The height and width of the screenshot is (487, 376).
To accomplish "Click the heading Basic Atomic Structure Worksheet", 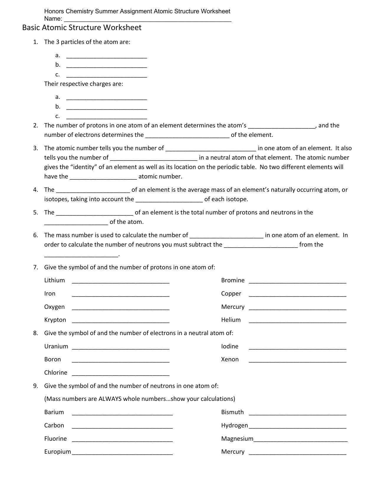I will (82, 28).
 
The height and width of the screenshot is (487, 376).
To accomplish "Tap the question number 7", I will (36, 267).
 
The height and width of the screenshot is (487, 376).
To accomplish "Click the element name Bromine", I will (233, 280).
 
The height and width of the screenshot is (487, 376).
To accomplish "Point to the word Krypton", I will (55, 320).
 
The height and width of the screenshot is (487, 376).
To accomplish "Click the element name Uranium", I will (56, 346).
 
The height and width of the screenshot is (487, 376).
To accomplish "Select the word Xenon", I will (230, 359).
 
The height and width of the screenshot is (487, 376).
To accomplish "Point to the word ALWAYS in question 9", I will (110, 399).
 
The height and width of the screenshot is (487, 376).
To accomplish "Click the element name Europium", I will (58, 452).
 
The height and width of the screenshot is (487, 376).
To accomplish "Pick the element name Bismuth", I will (232, 412).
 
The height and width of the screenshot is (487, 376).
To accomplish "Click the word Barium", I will (54, 412).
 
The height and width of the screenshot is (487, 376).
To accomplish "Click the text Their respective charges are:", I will (83, 84).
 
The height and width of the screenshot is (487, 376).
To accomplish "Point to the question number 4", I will (36, 190).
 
